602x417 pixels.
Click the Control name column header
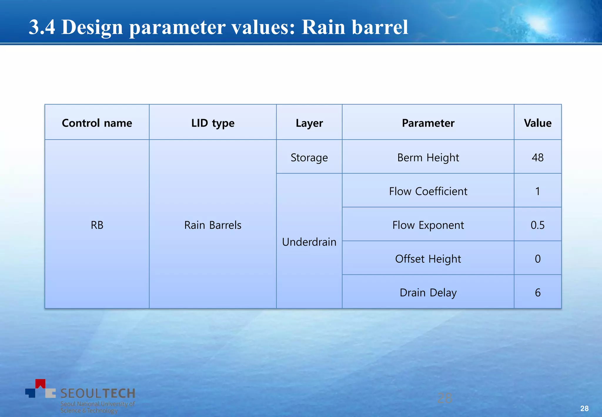coord(97,123)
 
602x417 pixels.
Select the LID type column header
coord(213,123)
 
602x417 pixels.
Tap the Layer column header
coord(309,123)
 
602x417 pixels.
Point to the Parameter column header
coord(428,123)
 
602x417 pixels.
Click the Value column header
coord(538,123)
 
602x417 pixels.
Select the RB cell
coord(97,225)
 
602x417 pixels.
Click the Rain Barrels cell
coord(213,225)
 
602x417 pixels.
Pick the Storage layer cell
coord(309,158)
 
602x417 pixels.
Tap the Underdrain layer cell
coord(309,242)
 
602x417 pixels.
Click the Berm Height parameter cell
coord(428,158)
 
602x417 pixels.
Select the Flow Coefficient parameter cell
coord(428,191)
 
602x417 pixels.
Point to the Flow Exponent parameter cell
coord(428,225)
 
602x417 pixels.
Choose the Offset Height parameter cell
coord(428,259)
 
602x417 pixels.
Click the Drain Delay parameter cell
coord(428,293)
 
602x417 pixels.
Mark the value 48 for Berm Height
coord(538,158)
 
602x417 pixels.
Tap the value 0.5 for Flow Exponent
coord(538,225)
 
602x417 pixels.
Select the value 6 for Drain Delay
coord(538,293)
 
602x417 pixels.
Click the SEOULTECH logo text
coord(98,393)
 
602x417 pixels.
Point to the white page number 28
coord(584,408)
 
